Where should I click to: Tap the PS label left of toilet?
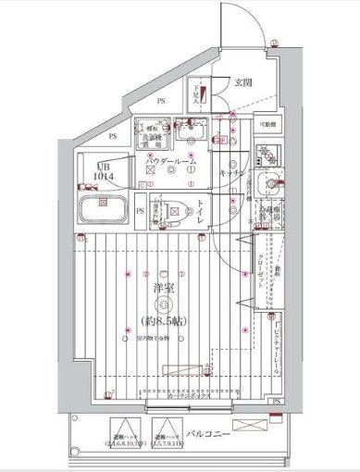(x=140, y=210)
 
